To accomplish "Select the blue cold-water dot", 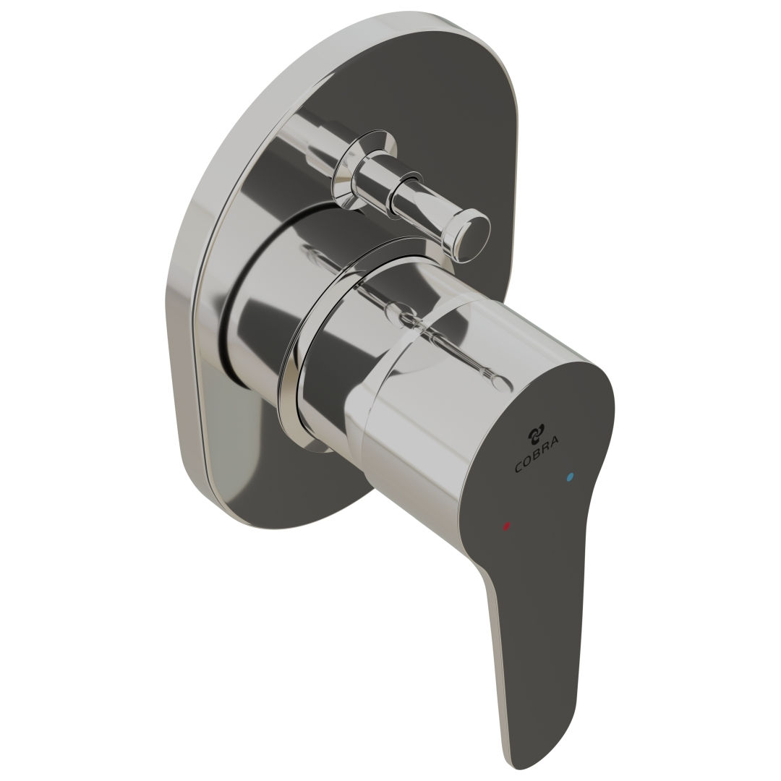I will (x=571, y=477).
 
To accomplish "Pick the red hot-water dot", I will (x=505, y=526).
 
